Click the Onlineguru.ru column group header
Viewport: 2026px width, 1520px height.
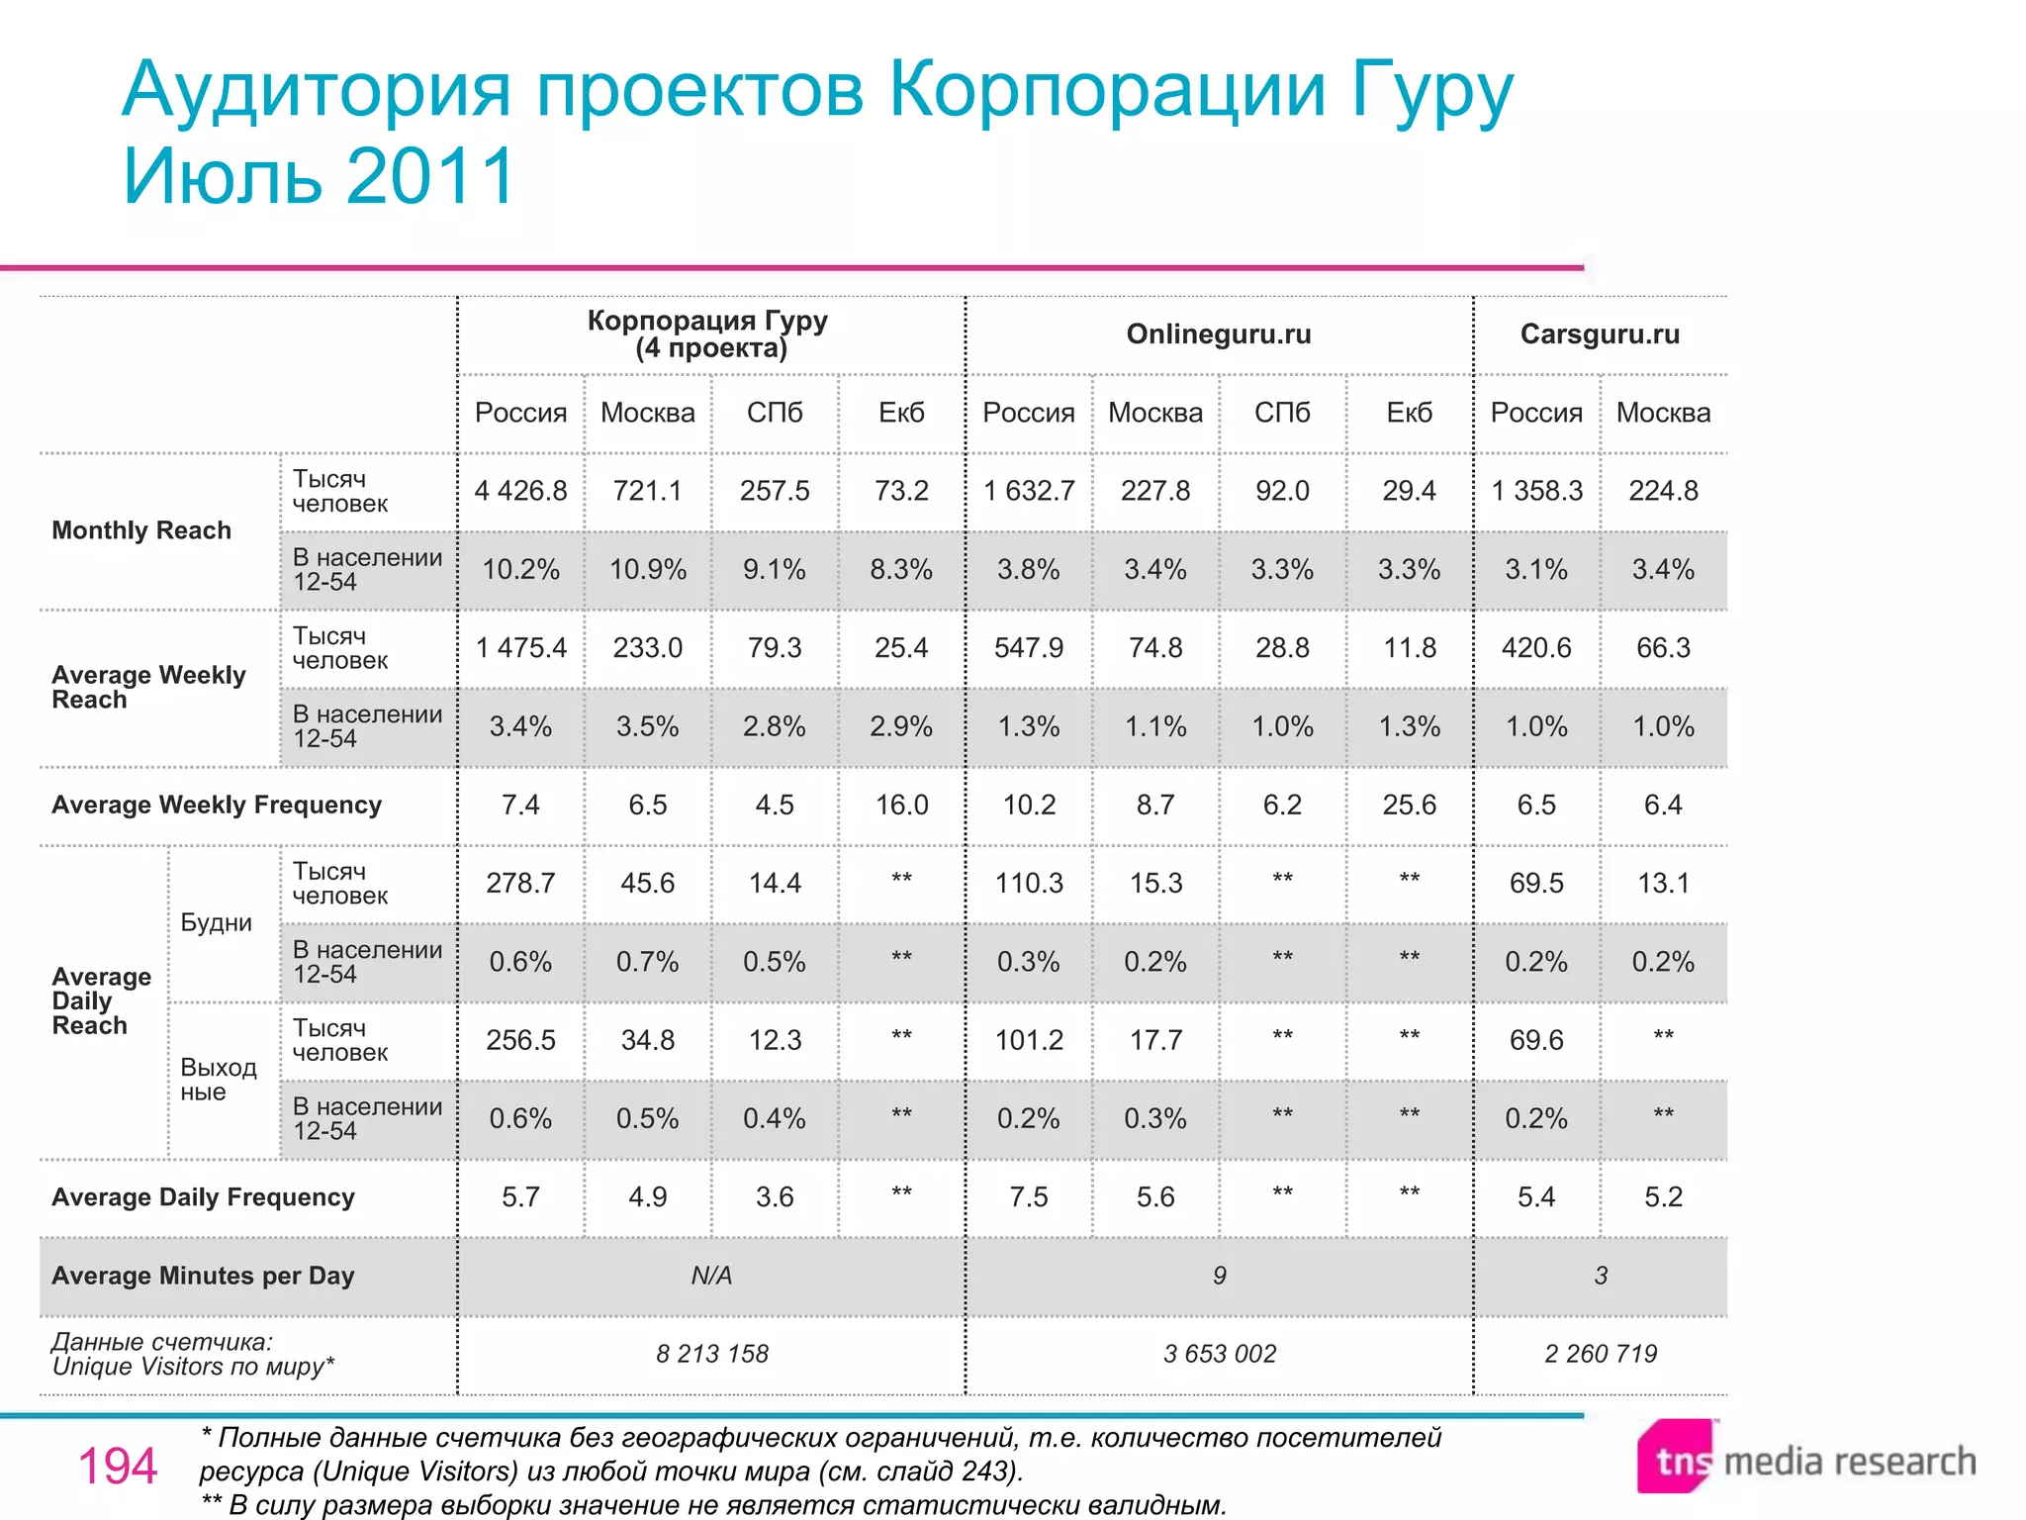(1219, 334)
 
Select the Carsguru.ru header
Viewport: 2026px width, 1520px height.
(1600, 334)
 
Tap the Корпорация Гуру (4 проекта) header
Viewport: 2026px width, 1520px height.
(708, 334)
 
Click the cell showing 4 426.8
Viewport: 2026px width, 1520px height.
(520, 491)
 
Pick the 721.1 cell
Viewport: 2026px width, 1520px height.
(647, 491)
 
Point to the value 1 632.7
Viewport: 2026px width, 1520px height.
(1029, 491)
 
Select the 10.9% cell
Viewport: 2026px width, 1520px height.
(647, 570)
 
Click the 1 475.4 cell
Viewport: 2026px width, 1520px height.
(520, 648)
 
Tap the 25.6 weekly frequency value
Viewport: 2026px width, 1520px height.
(1409, 805)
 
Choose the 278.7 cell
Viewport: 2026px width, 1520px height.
(520, 883)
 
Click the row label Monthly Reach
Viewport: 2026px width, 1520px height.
(141, 530)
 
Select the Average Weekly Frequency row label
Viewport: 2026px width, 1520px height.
(217, 805)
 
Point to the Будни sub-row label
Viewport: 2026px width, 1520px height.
(216, 922)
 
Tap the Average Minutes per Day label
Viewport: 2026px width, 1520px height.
(203, 1276)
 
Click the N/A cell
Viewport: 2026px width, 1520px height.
(711, 1276)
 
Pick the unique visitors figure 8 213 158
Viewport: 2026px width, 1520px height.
(712, 1354)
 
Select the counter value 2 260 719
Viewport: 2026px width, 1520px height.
(1601, 1354)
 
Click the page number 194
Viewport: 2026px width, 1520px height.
(118, 1466)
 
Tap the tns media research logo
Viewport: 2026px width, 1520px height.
(1806, 1460)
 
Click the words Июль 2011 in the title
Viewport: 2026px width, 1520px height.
(319, 176)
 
